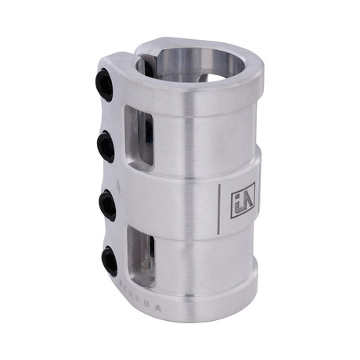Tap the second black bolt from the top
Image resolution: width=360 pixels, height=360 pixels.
106,146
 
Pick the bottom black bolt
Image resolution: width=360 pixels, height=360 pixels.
109,261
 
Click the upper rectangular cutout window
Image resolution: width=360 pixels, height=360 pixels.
139,137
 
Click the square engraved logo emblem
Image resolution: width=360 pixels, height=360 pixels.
243,200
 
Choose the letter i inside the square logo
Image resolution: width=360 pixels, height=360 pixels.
237,202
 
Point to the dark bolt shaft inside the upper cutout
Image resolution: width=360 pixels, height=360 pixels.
148,135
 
